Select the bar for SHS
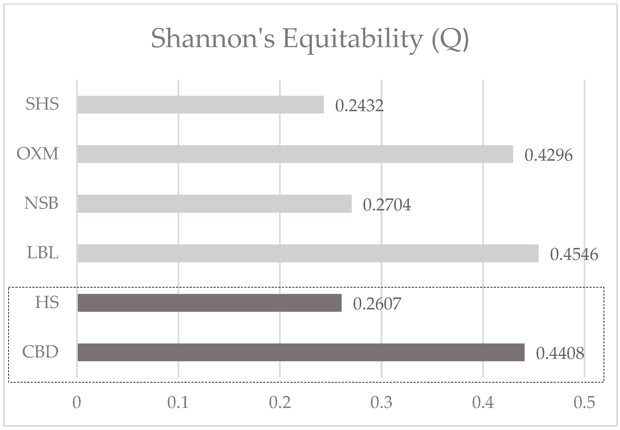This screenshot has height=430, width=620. click(x=201, y=105)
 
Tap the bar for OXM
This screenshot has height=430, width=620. click(x=295, y=154)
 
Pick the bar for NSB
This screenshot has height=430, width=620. click(x=214, y=204)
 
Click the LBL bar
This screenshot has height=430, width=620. click(x=308, y=253)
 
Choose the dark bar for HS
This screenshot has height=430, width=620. click(x=209, y=303)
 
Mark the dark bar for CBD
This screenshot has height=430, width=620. click(x=301, y=352)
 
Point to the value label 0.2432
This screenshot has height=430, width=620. click(x=359, y=106)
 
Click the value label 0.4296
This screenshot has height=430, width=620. click(x=549, y=155)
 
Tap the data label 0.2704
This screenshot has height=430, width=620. click(x=387, y=205)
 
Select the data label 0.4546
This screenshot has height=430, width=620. click(x=574, y=254)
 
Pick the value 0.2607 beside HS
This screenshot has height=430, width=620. click(x=377, y=304)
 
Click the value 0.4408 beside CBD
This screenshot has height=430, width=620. click(x=560, y=354)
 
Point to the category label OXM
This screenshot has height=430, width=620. click(x=38, y=154)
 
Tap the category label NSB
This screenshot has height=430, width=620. click(x=41, y=203)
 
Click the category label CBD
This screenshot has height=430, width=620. click(x=40, y=352)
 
